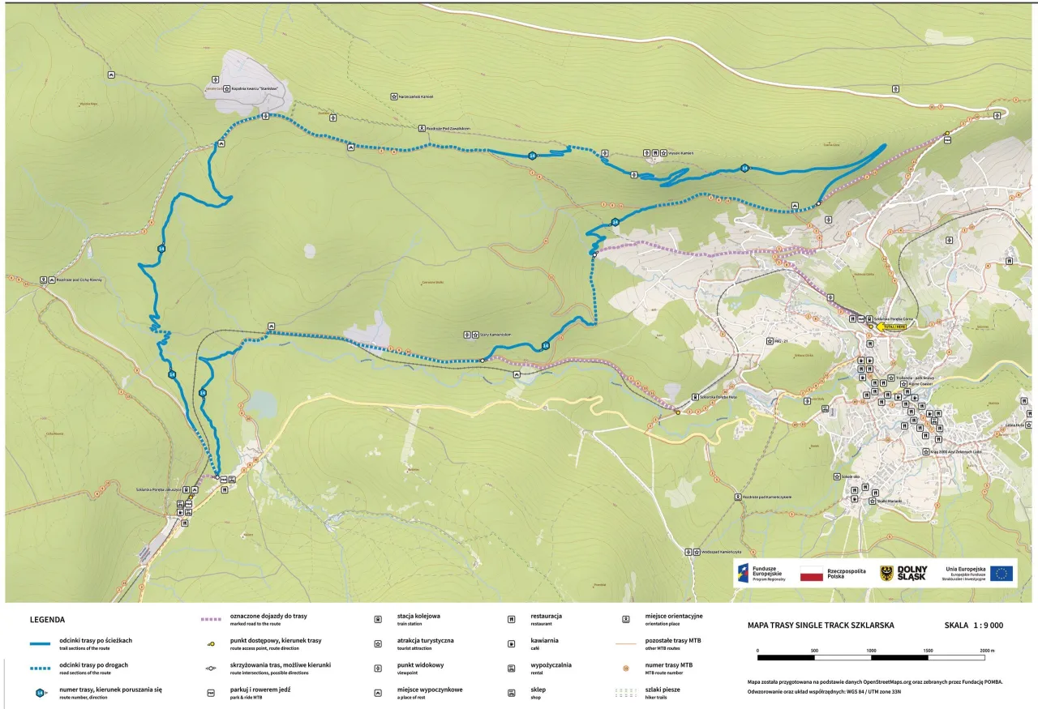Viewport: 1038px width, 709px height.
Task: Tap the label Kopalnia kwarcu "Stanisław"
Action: coord(250,90)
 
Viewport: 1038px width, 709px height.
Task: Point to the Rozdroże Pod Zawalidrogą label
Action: coord(449,128)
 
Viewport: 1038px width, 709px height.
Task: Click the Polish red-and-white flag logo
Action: coord(811,574)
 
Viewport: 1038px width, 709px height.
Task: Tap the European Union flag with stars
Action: coord(1002,574)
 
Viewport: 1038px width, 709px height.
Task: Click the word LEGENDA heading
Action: coord(47,620)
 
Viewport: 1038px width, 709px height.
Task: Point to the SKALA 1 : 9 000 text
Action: coord(973,626)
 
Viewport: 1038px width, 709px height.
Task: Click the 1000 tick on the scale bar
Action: coord(871,651)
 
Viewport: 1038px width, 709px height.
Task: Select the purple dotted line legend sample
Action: coord(211,619)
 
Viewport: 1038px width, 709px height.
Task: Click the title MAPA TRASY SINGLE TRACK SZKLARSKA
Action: coord(821,626)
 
